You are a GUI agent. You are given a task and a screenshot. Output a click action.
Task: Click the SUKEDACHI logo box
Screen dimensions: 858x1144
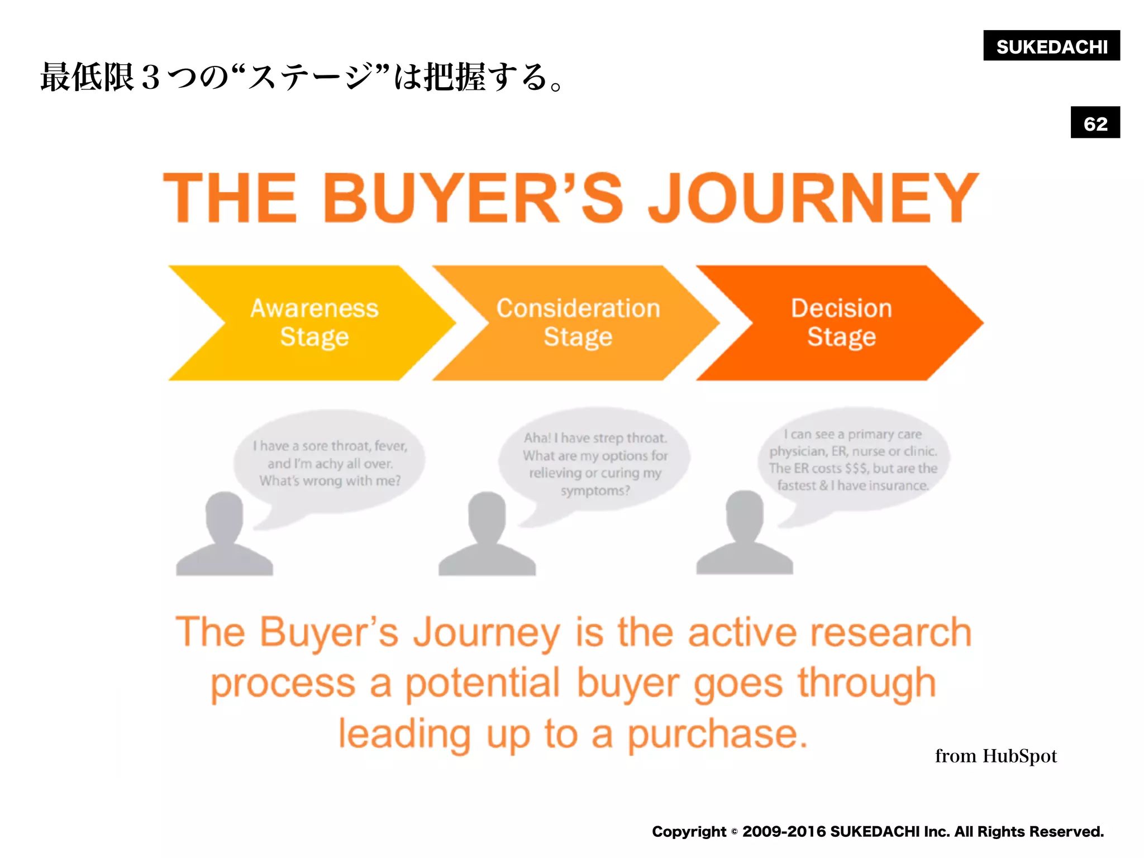click(x=1051, y=46)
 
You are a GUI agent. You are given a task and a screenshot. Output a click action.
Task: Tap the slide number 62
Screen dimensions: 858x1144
click(x=1095, y=123)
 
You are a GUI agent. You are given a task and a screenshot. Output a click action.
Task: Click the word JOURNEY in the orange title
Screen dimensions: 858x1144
click(x=813, y=198)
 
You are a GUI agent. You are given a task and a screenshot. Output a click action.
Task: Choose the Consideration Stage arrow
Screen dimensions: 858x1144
click(x=578, y=323)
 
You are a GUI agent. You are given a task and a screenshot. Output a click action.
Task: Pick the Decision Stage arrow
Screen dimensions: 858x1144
click(x=841, y=323)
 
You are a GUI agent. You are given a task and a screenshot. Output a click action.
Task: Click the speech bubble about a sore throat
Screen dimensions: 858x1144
click(x=330, y=463)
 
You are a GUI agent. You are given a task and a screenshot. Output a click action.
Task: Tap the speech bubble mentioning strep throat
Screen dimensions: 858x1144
click(x=595, y=464)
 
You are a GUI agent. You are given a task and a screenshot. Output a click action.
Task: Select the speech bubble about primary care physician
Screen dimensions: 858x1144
click(x=853, y=459)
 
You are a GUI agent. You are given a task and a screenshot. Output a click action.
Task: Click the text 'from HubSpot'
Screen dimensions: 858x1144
click(x=995, y=756)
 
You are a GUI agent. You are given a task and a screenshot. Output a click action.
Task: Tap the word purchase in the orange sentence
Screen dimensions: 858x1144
click(x=717, y=734)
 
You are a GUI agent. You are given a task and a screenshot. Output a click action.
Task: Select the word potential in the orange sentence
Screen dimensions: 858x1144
click(x=482, y=684)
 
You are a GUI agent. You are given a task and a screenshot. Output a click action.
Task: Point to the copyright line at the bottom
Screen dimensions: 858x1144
click(x=878, y=832)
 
